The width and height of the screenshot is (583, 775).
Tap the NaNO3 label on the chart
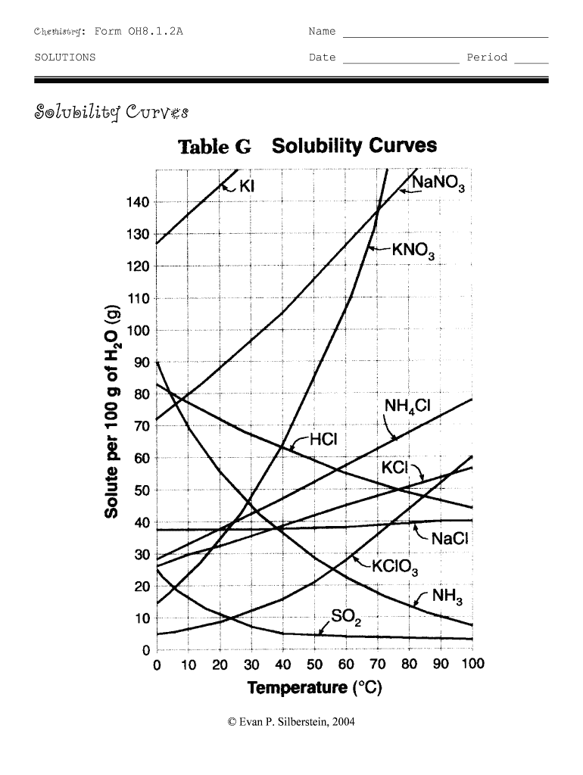(441, 184)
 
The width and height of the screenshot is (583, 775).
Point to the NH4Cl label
(407, 407)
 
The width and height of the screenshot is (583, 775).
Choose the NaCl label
(450, 540)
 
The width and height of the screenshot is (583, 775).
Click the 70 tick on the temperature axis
(376, 665)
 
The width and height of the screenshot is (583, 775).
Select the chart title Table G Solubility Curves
(307, 145)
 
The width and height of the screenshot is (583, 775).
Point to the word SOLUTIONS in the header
(65, 58)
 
